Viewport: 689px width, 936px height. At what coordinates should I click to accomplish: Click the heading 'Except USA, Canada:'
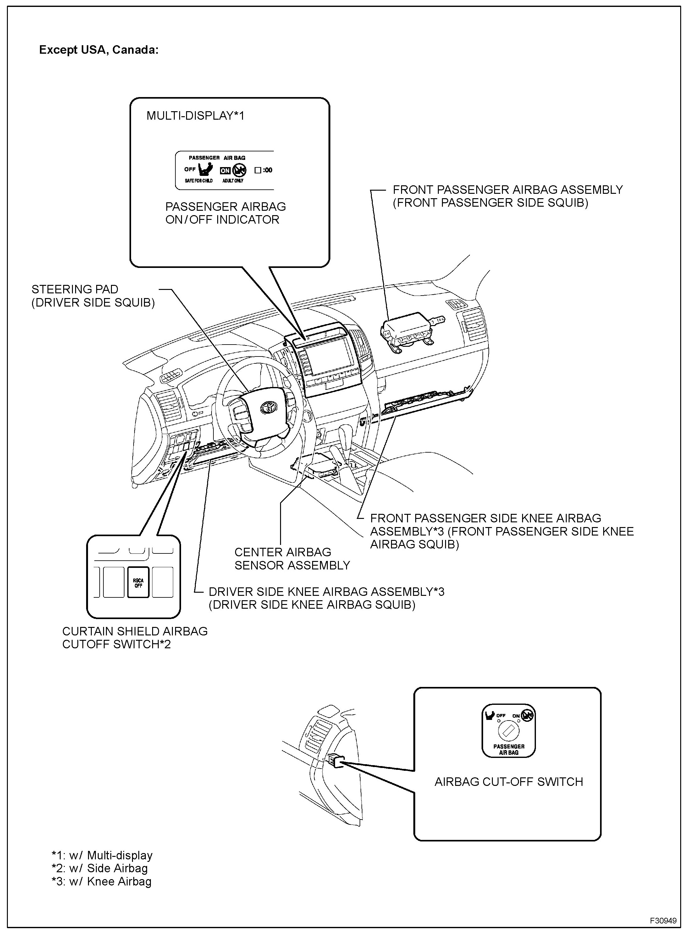98,50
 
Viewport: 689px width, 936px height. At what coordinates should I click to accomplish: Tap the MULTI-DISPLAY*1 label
195,116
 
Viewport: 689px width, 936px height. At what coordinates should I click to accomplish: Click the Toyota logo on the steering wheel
267,408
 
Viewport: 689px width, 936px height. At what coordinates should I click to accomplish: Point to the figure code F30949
663,920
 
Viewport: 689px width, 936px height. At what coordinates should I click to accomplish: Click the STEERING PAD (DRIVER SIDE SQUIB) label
93,296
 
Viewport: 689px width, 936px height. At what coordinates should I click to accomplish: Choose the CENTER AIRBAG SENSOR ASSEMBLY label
292,558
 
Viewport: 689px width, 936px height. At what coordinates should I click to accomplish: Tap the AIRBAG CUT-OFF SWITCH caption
508,782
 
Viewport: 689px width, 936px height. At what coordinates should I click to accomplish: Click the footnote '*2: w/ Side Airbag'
100,868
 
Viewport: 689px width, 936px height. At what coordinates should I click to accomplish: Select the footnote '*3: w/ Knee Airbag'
101,881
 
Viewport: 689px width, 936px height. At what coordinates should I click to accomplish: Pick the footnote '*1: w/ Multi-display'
102,855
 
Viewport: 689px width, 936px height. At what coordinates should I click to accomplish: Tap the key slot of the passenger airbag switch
508,731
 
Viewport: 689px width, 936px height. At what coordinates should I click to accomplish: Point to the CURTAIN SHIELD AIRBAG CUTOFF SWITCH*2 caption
135,638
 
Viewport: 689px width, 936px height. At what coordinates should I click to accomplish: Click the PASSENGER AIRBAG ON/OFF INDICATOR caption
225,213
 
